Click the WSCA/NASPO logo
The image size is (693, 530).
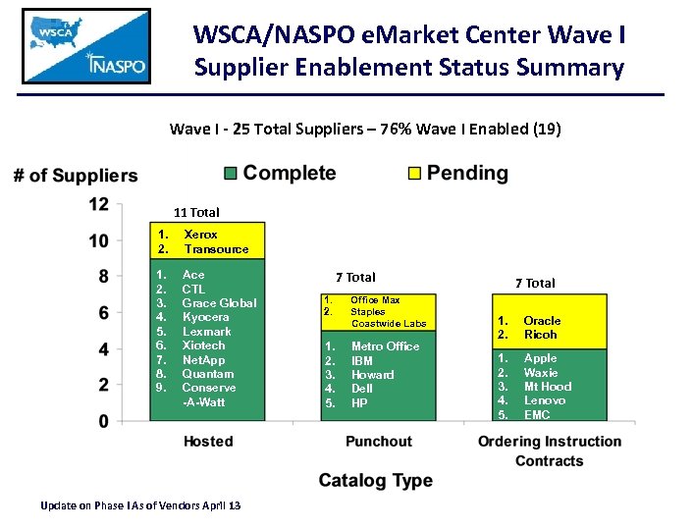click(x=86, y=46)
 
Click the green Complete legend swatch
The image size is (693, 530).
click(x=230, y=174)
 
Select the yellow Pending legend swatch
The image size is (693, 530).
click(x=413, y=174)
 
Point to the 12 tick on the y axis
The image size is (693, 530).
click(x=98, y=204)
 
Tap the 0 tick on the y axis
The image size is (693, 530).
click(x=103, y=421)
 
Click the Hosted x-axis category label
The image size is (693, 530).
click(x=208, y=442)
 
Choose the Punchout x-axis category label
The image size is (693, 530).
click(x=378, y=442)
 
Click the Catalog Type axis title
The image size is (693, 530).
click(x=375, y=480)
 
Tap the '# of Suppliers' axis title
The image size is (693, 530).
click(x=76, y=176)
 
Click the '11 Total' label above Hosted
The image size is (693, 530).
click(x=196, y=212)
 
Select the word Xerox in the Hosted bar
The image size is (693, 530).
click(x=201, y=235)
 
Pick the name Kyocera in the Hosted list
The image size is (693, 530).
click(x=205, y=317)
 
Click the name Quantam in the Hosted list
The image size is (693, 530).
click(x=208, y=373)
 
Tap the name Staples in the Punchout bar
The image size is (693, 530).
click(x=368, y=311)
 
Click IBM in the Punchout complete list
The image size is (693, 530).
click(x=362, y=360)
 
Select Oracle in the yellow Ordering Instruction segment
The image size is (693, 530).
click(x=542, y=320)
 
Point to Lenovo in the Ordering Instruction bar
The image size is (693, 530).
click(x=545, y=400)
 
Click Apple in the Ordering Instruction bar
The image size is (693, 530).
click(x=540, y=358)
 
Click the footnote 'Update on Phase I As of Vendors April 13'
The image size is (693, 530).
click(x=139, y=505)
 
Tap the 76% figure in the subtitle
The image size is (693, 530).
click(x=394, y=129)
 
